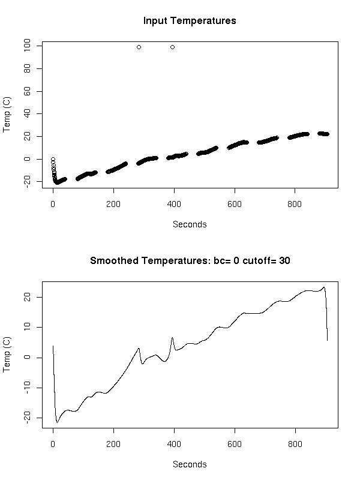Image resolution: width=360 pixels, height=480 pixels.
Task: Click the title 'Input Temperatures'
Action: (x=190, y=21)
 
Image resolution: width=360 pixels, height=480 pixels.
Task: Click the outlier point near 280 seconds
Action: (x=139, y=47)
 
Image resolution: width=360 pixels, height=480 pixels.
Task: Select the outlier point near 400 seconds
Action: (x=172, y=47)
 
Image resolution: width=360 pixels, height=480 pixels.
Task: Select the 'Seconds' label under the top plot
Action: (x=190, y=224)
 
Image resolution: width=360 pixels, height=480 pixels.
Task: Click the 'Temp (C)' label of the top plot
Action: (x=7, y=115)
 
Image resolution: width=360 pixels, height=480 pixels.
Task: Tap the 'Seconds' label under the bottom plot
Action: (x=190, y=464)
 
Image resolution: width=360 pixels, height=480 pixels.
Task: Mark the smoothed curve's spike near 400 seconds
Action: (x=172, y=338)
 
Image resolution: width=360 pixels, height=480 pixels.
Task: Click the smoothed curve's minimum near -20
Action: (x=57, y=422)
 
